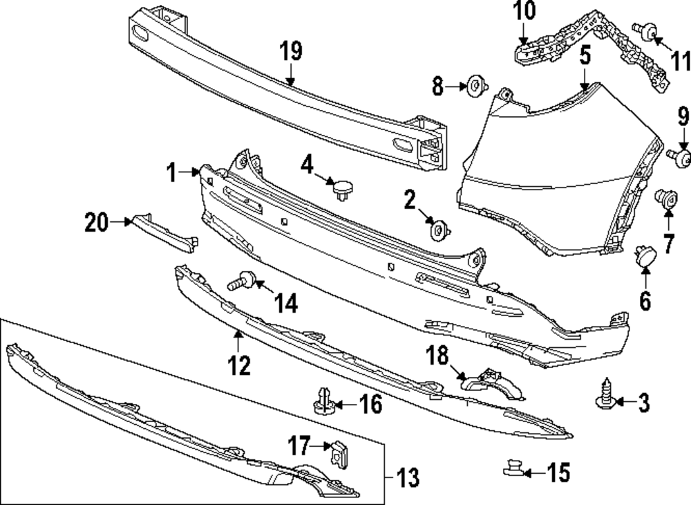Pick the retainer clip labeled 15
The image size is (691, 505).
(x=512, y=470)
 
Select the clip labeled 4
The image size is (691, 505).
(x=341, y=187)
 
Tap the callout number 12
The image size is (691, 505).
(x=239, y=365)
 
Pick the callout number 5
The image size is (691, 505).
(x=585, y=55)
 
